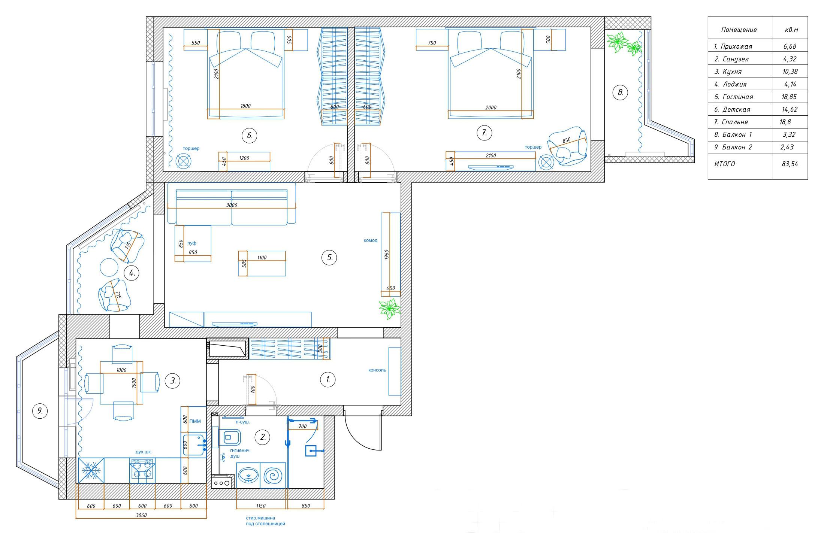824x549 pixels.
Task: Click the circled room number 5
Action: coord(329,257)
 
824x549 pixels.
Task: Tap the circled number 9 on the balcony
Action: coord(40,411)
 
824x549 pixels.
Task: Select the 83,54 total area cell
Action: coord(790,164)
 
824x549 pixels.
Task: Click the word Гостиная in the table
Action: coord(737,97)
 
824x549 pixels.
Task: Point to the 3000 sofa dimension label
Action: coord(232,205)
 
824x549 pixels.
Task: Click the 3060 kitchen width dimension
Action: coord(141,515)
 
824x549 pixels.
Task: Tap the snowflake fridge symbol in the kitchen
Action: coord(91,470)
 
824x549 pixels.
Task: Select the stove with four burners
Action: coord(142,470)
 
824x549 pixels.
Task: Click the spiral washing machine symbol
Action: coord(273,476)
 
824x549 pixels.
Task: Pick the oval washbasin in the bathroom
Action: coord(248,476)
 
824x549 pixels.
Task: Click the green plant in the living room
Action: coord(390,309)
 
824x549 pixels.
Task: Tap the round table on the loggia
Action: coord(109,267)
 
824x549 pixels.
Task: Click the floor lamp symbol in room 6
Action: coord(184,161)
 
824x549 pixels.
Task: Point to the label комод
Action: coord(371,240)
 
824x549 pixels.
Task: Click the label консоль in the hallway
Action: coord(377,370)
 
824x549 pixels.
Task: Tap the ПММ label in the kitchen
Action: coord(195,421)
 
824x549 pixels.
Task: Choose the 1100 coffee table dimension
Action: coord(262,258)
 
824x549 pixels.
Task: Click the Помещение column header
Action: coord(739,30)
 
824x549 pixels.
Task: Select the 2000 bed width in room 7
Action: coord(491,107)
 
